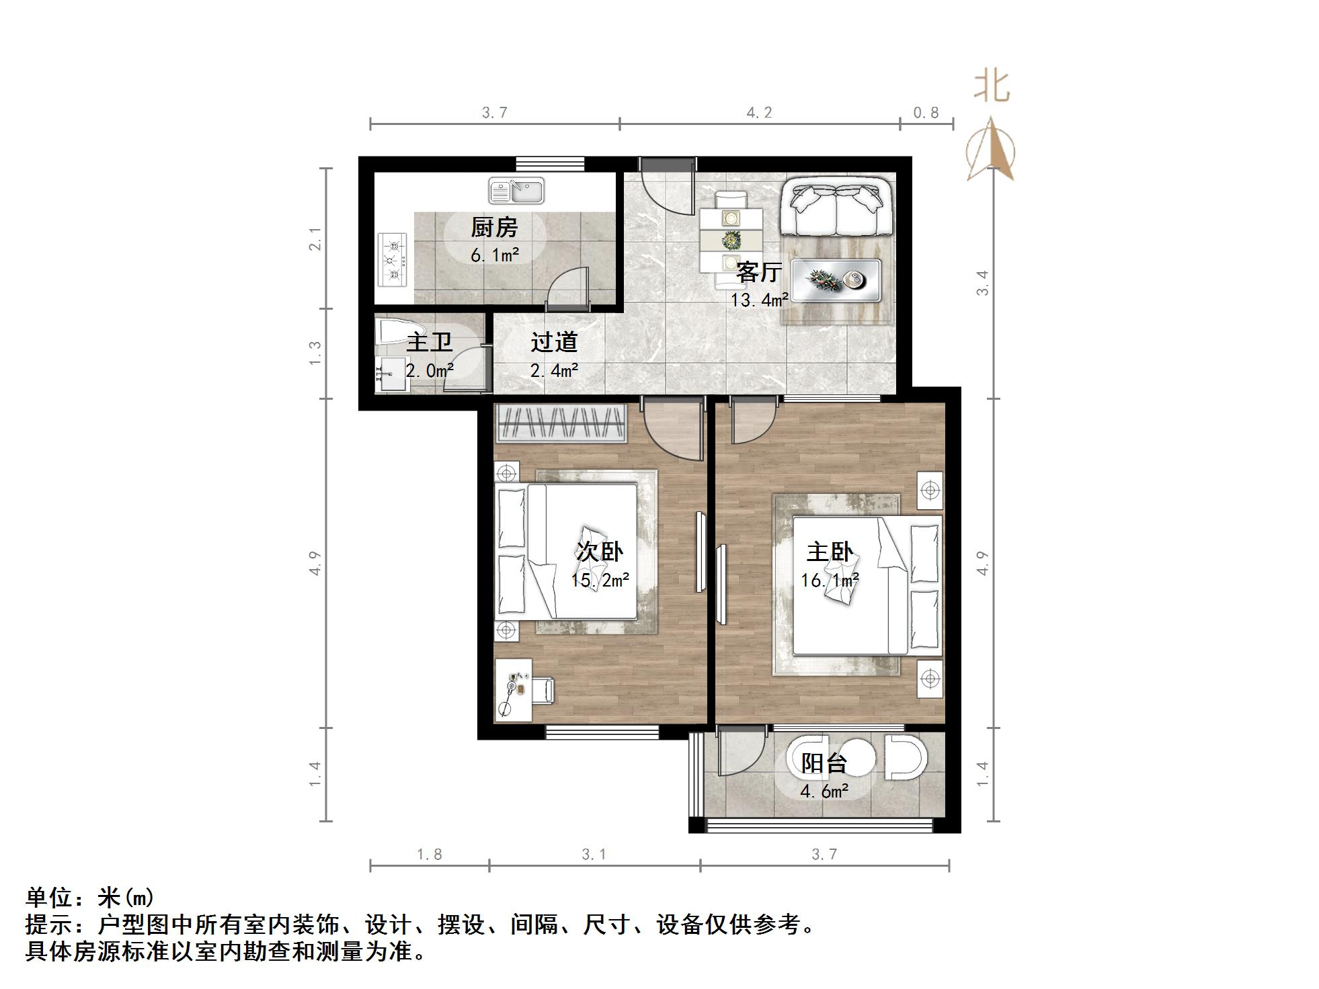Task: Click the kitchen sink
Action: click(x=516, y=191)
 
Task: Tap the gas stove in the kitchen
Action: click(x=393, y=259)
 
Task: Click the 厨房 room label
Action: click(x=494, y=228)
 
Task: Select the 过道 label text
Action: click(x=554, y=342)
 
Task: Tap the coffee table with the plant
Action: click(x=836, y=280)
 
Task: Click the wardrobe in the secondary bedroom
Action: click(x=561, y=423)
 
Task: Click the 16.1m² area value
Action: click(x=830, y=580)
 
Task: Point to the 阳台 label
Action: click(x=824, y=763)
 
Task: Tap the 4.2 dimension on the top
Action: click(x=759, y=113)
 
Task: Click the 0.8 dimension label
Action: click(x=926, y=113)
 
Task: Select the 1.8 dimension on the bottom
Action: click(x=429, y=855)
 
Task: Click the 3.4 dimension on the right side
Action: click(x=982, y=282)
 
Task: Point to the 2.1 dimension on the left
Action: click(x=315, y=239)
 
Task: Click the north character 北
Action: click(x=992, y=87)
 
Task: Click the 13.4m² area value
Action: click(x=760, y=300)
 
